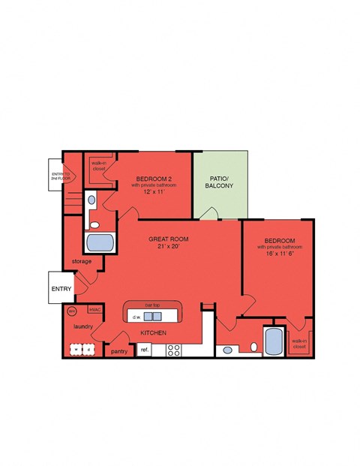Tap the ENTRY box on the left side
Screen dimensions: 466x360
pyautogui.click(x=61, y=288)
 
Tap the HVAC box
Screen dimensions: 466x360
pyautogui.click(x=94, y=309)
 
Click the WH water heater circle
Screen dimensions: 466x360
pyautogui.click(x=72, y=311)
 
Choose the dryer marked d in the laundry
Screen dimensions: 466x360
pyautogui.click(x=89, y=349)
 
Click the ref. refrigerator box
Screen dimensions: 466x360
pyautogui.click(x=145, y=350)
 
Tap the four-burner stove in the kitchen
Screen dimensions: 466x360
pyautogui.click(x=173, y=349)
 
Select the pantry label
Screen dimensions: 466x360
pyautogui.click(x=118, y=351)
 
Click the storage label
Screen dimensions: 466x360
pyautogui.click(x=82, y=261)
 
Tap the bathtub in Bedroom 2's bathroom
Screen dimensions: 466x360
pyautogui.click(x=100, y=242)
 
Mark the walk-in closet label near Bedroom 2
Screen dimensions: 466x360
pyautogui.click(x=98, y=165)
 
